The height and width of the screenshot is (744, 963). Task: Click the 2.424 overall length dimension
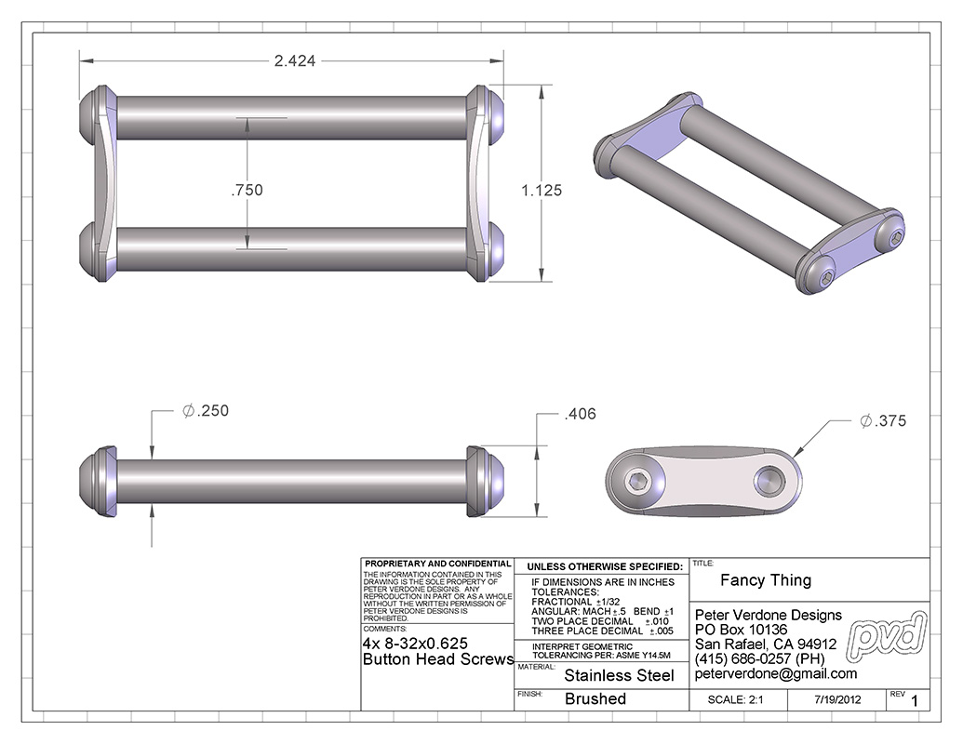click(295, 60)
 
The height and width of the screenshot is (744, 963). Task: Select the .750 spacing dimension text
click(247, 191)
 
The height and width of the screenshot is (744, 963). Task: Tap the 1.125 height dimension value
click(542, 191)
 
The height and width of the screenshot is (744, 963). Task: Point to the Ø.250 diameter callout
click(206, 411)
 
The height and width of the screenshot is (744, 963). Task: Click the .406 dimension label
click(580, 414)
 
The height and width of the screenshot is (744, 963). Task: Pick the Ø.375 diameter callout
click(883, 421)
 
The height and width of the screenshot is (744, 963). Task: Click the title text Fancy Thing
click(766, 580)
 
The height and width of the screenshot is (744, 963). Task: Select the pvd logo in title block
click(887, 637)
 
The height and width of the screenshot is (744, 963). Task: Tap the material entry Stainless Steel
click(619, 675)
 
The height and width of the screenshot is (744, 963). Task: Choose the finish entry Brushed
click(595, 698)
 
